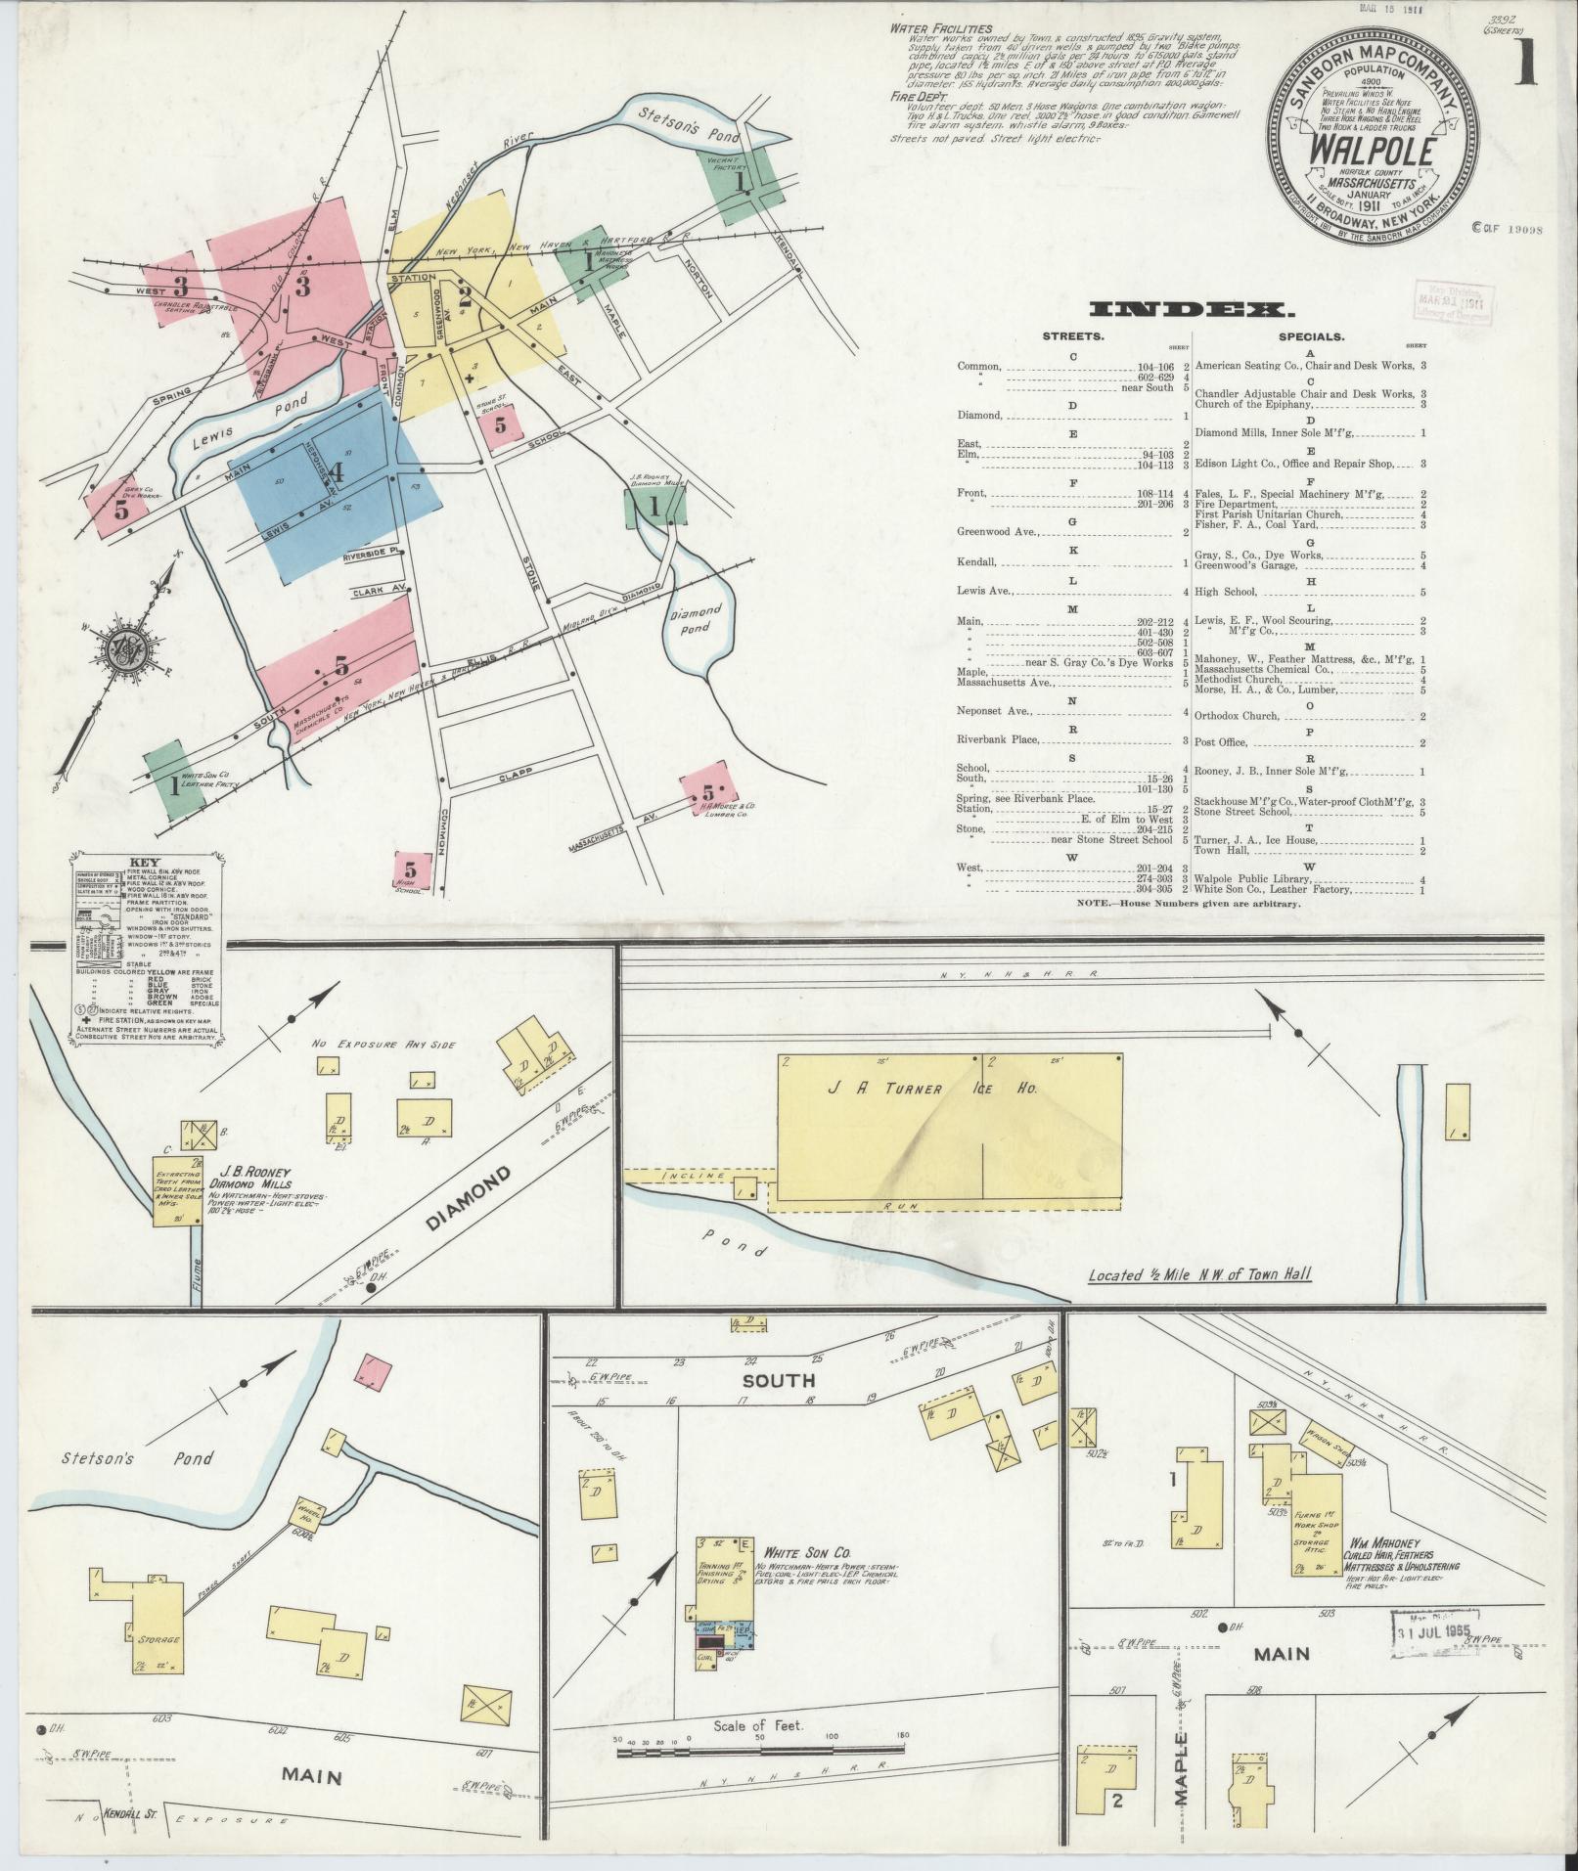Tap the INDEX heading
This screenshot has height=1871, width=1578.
coord(1192,311)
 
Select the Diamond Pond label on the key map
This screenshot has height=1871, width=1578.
coord(696,620)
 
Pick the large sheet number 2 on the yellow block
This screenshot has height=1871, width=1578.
coord(466,295)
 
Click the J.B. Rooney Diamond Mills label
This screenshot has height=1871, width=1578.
coord(256,1175)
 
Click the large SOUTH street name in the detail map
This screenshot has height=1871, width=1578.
coord(778,1380)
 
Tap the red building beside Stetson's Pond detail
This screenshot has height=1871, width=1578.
coord(376,1368)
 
